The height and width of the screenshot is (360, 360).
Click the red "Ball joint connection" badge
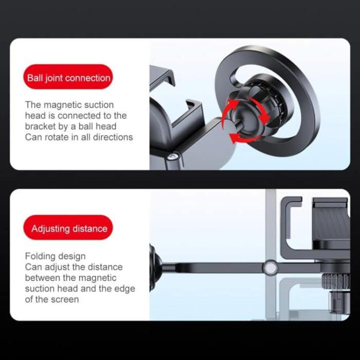pos(68,79)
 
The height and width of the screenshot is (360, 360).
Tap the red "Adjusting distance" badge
pos(68,229)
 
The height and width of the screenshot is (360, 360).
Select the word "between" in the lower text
pos(42,278)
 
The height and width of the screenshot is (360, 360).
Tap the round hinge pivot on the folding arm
pos(269,267)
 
